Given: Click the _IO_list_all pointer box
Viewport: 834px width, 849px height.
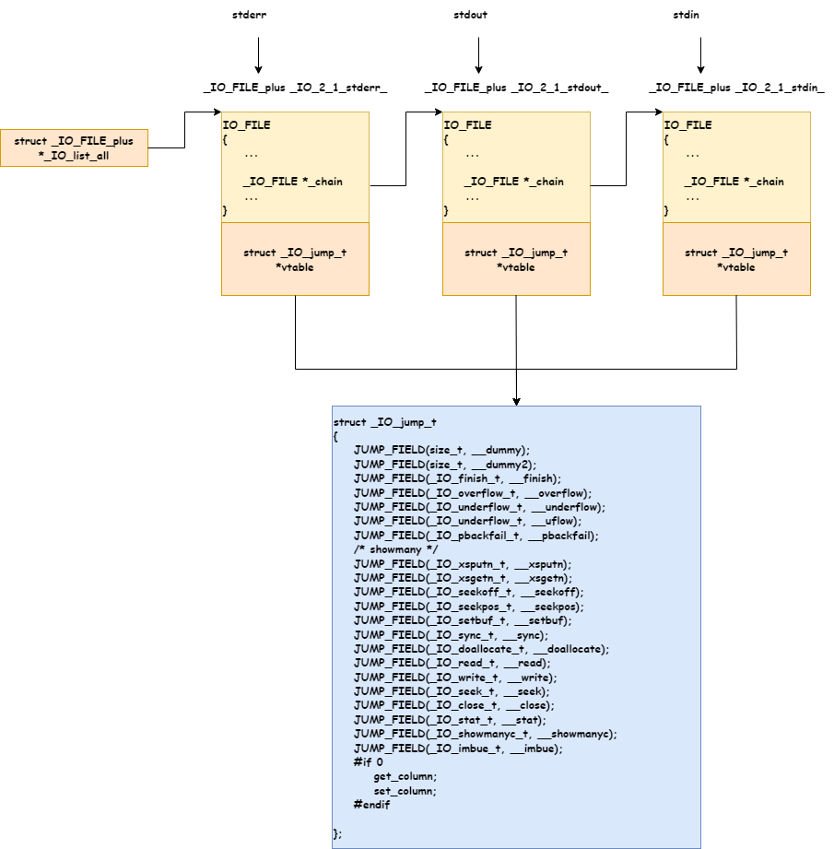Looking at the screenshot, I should point(74,148).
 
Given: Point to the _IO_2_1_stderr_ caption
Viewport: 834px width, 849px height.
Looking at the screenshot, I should point(295,88).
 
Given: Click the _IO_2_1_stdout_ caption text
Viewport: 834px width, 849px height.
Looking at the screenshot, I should point(516,88).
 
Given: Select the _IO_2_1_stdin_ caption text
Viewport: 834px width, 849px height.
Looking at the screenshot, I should point(736,88).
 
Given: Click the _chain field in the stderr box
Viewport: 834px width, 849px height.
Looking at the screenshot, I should point(292,182).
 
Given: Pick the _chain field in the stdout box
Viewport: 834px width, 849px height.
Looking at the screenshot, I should point(513,182).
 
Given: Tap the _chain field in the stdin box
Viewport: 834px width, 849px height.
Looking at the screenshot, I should point(734,182).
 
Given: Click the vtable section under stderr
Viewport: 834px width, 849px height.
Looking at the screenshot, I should point(295,259).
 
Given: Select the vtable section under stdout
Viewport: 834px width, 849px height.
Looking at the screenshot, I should point(516,259).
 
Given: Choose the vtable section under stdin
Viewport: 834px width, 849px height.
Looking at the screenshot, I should point(736,259).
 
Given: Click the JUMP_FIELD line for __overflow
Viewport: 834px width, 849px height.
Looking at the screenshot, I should point(472,493).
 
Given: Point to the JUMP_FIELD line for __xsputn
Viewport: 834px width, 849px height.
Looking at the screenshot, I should point(463,564).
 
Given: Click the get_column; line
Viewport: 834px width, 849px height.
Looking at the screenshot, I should point(405,777).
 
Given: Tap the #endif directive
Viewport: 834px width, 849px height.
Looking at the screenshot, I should point(371,805).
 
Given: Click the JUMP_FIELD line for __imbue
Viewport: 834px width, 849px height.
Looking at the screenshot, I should point(457,749).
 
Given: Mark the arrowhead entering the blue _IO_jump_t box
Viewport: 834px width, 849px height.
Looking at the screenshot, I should point(516,400).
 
